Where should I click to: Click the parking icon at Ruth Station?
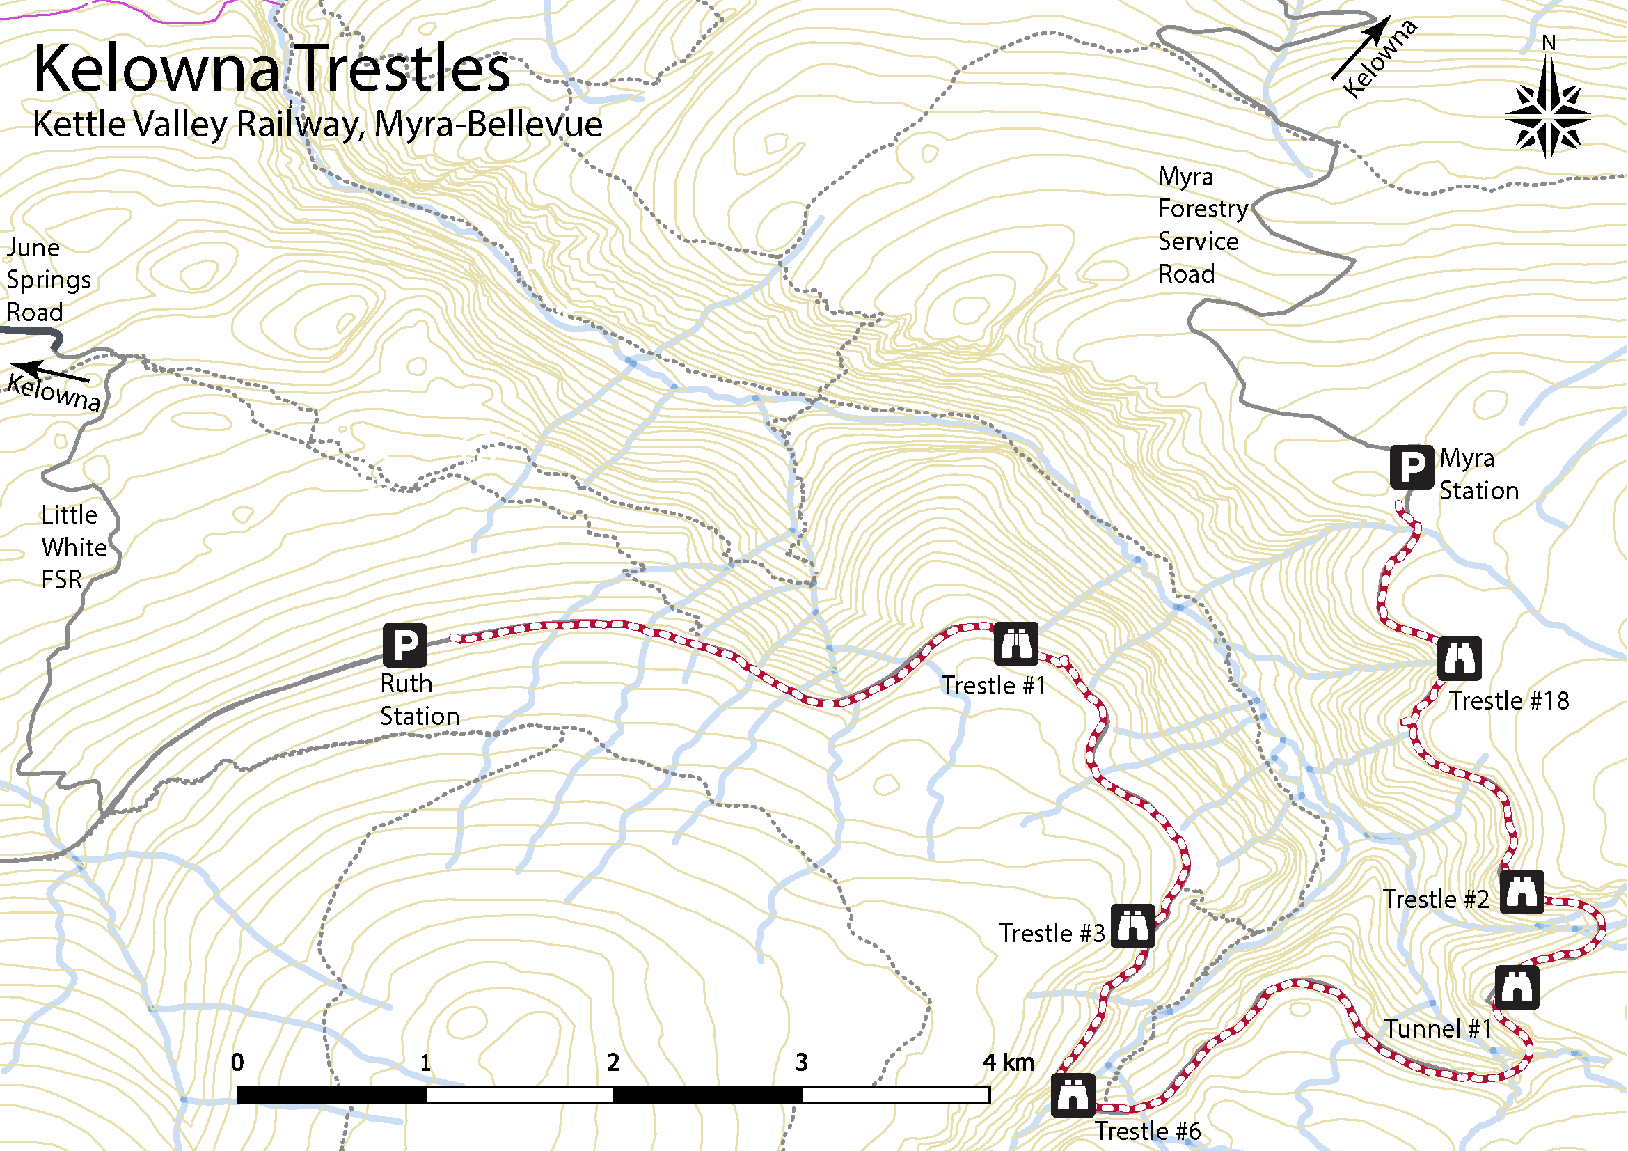[405, 645]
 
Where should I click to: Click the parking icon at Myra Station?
[1412, 467]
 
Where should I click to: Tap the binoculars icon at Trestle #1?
[1016, 644]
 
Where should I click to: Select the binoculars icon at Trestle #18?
[1460, 658]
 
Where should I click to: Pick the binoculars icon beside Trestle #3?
[1132, 925]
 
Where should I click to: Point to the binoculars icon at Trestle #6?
[1072, 1095]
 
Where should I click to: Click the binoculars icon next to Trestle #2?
[1522, 891]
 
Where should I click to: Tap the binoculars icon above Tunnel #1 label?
[1517, 987]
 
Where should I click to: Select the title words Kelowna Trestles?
[271, 69]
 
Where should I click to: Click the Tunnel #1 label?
[1438, 1028]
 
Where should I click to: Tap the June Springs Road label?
[47, 279]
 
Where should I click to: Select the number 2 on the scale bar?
[613, 1062]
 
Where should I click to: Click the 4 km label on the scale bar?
[1008, 1062]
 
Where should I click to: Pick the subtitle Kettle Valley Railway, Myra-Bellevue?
[317, 124]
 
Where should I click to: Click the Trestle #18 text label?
[1508, 700]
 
